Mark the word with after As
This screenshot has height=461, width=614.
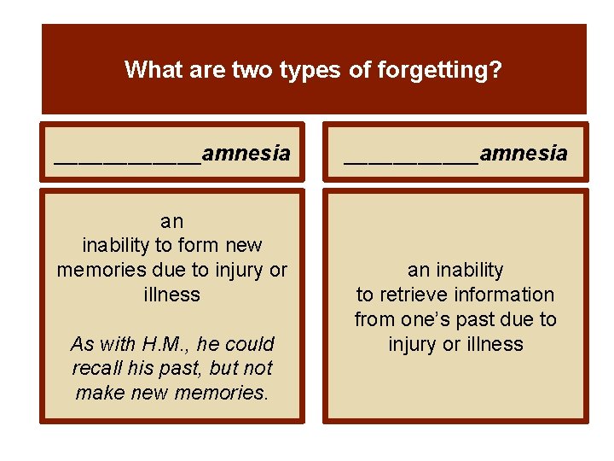point(115,344)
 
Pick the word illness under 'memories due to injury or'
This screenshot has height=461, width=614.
point(171,295)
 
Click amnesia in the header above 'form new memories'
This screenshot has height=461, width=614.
point(246,154)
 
